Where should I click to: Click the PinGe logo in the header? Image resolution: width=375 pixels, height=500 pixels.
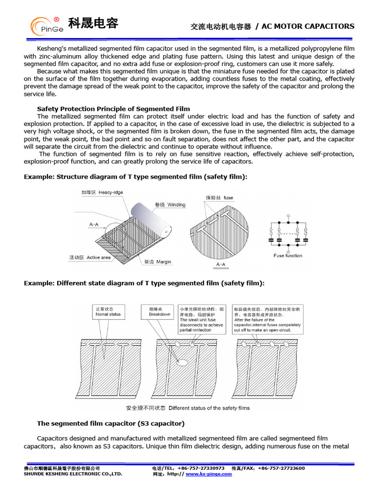coord(46,26)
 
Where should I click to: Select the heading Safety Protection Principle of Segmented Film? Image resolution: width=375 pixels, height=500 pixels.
coord(114,109)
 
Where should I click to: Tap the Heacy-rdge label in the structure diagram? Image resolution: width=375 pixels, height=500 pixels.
coord(102,193)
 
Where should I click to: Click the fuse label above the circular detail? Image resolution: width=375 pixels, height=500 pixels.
coord(219,198)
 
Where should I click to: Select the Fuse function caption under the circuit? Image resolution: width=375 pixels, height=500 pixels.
coord(288,256)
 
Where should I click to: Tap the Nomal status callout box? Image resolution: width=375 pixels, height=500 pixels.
coord(108,312)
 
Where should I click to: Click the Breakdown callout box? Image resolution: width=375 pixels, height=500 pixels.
coord(160,312)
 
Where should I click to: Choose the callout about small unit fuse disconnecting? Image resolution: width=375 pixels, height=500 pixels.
coord(202,319)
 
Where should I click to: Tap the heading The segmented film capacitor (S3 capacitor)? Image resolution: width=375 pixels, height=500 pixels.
coord(111,423)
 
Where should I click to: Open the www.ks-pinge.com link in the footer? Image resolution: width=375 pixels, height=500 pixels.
coord(208,474)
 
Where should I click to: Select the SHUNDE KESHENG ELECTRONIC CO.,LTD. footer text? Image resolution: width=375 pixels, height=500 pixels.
coord(73,474)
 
